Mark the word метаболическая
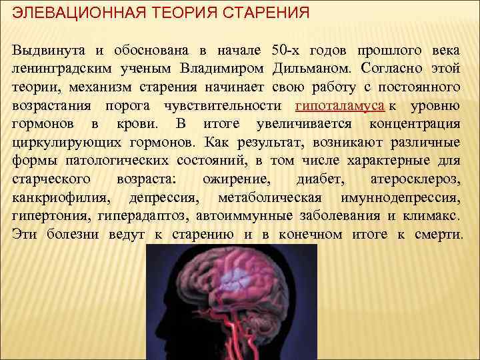270,199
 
